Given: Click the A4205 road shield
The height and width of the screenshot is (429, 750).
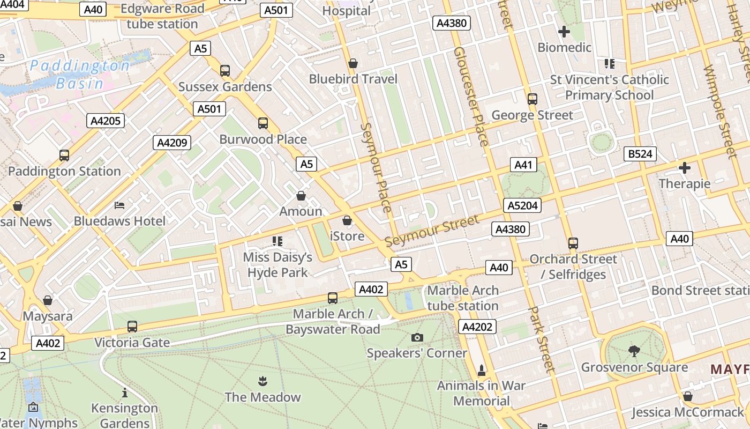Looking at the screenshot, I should click(x=106, y=121).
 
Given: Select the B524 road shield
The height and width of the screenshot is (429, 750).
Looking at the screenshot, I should click(x=640, y=154).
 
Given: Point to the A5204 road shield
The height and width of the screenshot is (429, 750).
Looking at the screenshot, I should click(x=522, y=205).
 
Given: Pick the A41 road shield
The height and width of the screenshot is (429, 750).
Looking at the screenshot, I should click(x=523, y=165).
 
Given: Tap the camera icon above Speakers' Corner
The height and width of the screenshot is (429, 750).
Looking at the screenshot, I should click(x=417, y=337).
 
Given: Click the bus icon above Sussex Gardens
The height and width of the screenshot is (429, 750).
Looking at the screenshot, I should click(x=225, y=71).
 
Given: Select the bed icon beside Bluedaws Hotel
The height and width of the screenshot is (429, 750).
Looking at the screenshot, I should click(x=119, y=205).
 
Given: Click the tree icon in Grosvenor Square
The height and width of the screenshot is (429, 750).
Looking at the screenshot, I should click(x=634, y=351).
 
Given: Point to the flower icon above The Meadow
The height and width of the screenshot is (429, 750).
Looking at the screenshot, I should click(x=262, y=381).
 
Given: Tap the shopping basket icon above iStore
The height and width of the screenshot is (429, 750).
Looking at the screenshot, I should click(x=347, y=220).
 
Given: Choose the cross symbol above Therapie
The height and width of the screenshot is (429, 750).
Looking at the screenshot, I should click(x=684, y=168).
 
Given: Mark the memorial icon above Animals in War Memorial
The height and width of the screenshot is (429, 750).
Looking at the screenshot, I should click(x=481, y=370).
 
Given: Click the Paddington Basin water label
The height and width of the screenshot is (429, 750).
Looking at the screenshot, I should click(x=79, y=75).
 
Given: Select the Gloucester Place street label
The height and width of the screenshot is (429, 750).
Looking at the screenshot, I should click(x=471, y=97).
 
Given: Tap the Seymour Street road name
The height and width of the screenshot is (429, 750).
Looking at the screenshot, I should click(x=432, y=231).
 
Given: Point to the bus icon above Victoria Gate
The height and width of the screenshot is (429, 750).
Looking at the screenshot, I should click(x=132, y=327).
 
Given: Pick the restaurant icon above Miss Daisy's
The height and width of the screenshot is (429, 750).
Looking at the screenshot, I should click(x=277, y=241).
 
